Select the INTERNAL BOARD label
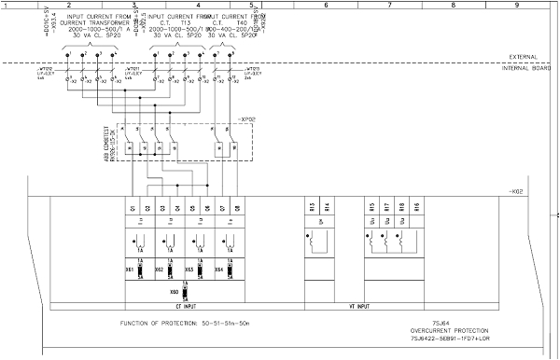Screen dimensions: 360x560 pyautogui.click(x=521, y=68)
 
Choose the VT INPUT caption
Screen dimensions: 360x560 pyautogui.click(x=359, y=306)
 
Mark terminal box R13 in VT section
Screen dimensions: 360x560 pyautogui.click(x=312, y=207)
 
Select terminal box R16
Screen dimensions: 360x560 pyautogui.click(x=416, y=207)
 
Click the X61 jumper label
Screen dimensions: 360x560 pyautogui.click(x=130, y=269)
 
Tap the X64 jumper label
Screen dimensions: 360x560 pyautogui.click(x=218, y=269)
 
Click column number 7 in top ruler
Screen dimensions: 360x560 pyautogui.click(x=387, y=6)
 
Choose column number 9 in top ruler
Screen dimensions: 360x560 pyautogui.click(x=516, y=6)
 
